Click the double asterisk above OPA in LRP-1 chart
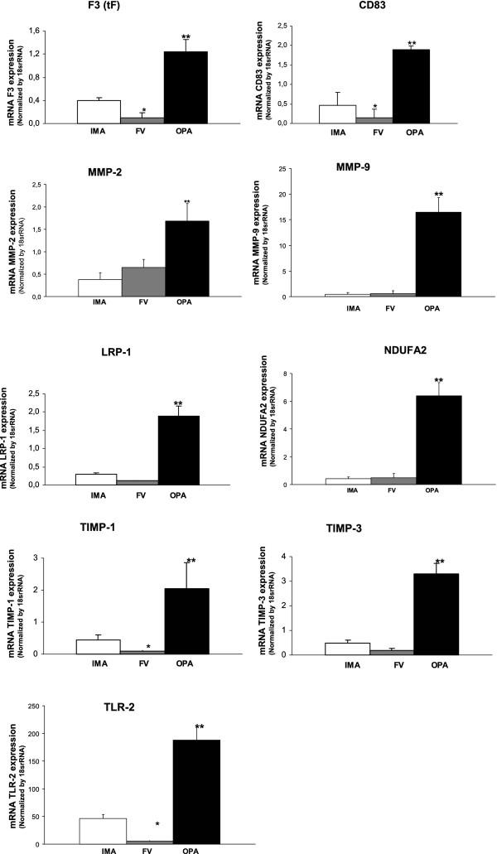(177, 405)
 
